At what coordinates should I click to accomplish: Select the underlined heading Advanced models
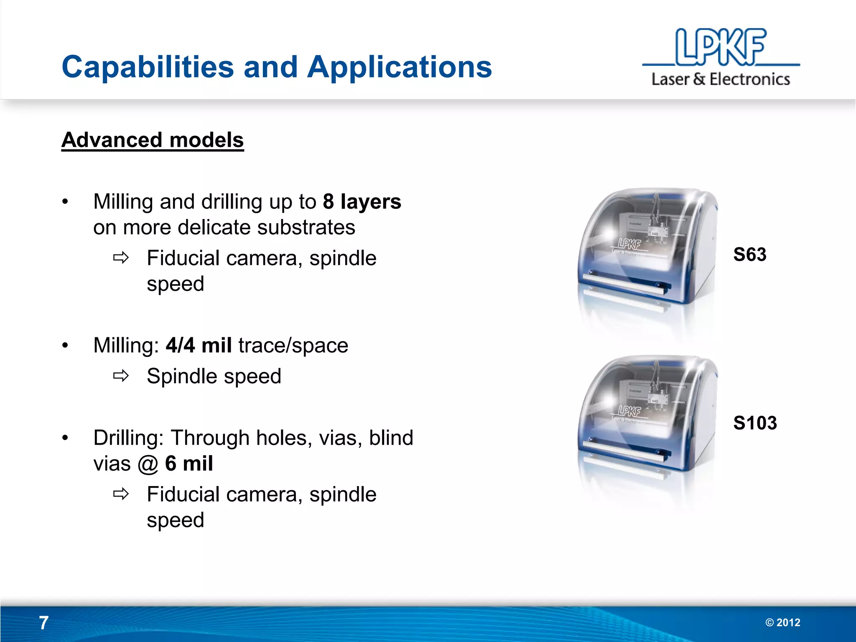(x=153, y=140)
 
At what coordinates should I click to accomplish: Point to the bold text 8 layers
(x=362, y=201)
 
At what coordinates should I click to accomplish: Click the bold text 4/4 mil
(x=199, y=346)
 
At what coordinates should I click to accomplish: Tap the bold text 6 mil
(x=189, y=464)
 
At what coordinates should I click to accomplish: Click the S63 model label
(x=750, y=255)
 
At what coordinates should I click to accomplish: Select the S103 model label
(x=755, y=423)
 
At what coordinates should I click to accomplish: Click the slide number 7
(x=44, y=623)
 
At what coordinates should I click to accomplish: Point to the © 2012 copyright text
(x=783, y=623)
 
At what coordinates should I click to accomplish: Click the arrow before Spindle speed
(x=121, y=376)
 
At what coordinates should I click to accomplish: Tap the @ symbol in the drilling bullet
(x=148, y=464)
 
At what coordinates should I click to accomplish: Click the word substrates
(x=306, y=228)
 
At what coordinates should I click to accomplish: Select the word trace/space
(x=293, y=346)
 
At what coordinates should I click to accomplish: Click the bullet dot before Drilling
(x=65, y=438)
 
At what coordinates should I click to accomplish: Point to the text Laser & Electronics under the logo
(x=721, y=79)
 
